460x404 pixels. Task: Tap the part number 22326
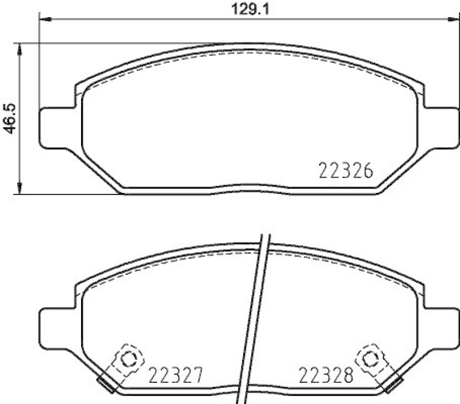[346, 171]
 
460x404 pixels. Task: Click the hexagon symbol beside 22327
[129, 360]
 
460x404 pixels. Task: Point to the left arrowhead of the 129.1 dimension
[44, 20]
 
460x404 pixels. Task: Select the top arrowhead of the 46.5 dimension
[21, 48]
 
